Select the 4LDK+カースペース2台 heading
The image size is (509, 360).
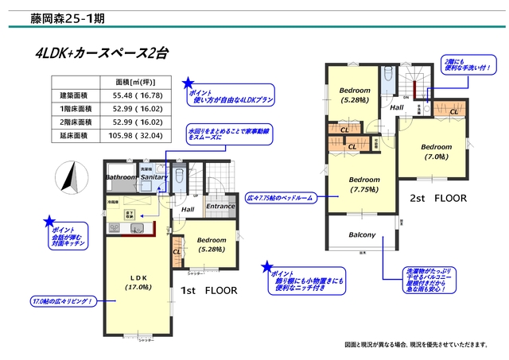[x=102, y=54]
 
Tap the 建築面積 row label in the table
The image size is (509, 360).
[x=71, y=95]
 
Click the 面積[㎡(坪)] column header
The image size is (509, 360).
[x=132, y=82]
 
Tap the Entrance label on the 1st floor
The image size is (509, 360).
[x=220, y=207]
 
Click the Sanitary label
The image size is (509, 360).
[x=155, y=177]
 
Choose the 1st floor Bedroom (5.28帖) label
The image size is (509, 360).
[x=211, y=245]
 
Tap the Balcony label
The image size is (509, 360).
[x=362, y=235]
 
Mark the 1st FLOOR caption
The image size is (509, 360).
[x=209, y=292]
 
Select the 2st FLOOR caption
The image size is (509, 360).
[x=437, y=198]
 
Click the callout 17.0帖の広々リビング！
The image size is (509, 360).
[x=64, y=302]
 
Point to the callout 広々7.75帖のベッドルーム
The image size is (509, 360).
[x=280, y=195]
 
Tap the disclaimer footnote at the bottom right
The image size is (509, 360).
[x=416, y=345]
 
